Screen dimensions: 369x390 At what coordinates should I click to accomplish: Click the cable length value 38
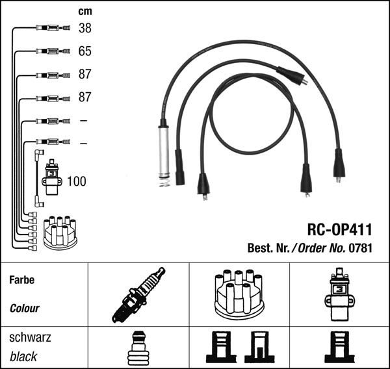(85, 28)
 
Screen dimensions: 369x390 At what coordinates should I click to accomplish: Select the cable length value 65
(85, 51)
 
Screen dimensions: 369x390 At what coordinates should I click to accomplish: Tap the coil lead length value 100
(76, 181)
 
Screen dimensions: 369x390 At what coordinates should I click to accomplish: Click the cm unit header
(85, 11)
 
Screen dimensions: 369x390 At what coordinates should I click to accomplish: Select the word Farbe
(21, 281)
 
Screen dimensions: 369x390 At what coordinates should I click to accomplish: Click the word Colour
(25, 308)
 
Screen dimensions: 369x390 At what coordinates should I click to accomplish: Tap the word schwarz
(30, 338)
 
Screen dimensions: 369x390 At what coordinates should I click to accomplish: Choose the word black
(23, 356)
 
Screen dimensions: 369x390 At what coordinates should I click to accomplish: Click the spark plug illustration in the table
(138, 295)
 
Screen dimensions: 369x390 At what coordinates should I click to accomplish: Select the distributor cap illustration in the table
(239, 295)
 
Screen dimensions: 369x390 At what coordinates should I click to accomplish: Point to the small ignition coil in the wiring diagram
(52, 177)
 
